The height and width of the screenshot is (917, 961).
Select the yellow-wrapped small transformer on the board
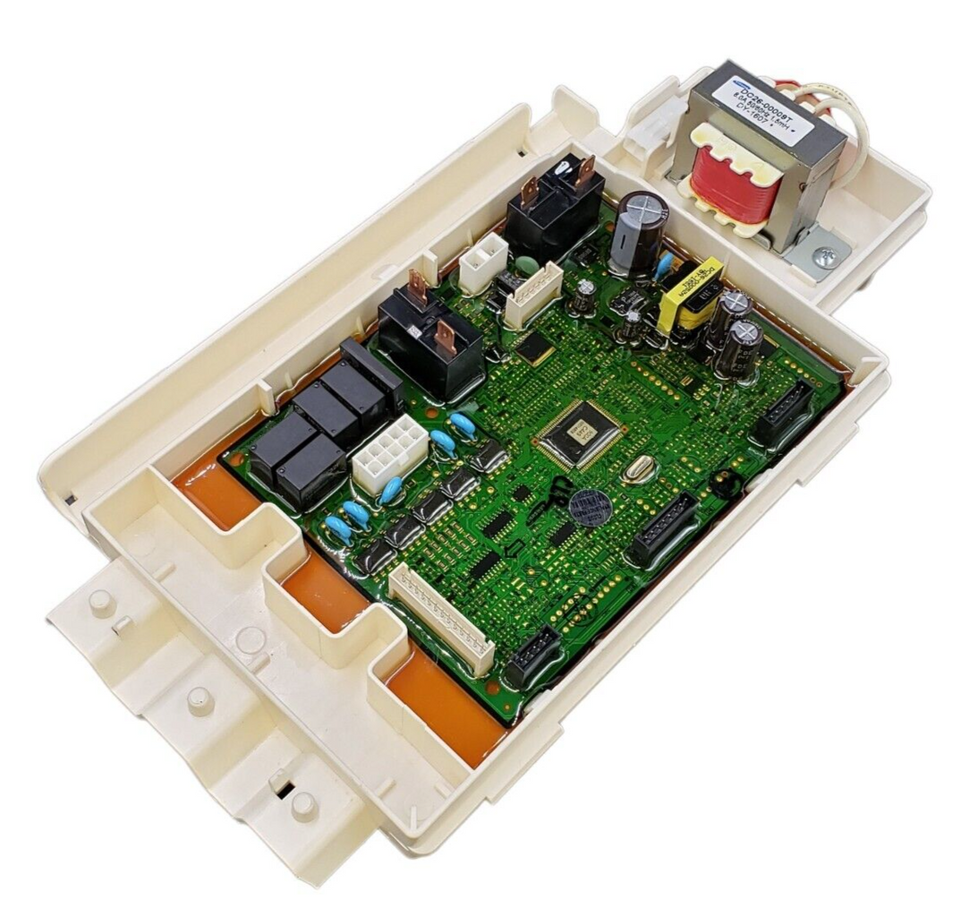pyautogui.click(x=690, y=295)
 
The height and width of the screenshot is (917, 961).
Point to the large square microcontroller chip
pyautogui.click(x=579, y=433)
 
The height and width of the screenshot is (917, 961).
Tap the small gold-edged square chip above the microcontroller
pyautogui.click(x=535, y=348)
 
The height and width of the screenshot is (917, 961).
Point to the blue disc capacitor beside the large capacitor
pyautogui.click(x=664, y=265)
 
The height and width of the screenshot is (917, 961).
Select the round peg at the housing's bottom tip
pyautogui.click(x=303, y=805)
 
